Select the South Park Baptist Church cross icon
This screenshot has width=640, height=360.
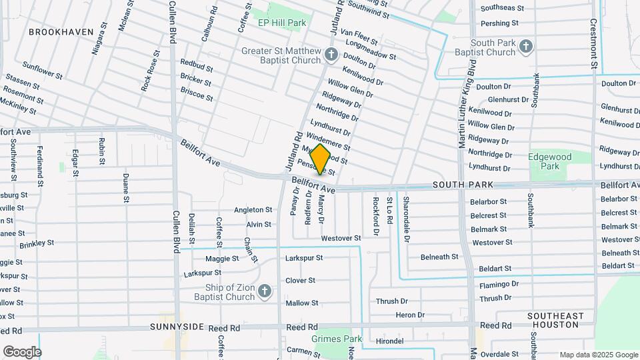[x=526, y=47]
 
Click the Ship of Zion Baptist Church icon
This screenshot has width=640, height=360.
[x=265, y=291]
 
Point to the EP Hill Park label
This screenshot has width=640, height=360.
[x=281, y=23]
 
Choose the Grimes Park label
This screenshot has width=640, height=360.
[x=336, y=339]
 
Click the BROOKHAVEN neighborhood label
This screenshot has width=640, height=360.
[x=59, y=31]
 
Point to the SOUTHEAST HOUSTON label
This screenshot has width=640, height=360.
[x=555, y=320]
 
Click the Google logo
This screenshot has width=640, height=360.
[x=22, y=352]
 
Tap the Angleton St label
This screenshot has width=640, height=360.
[x=252, y=210]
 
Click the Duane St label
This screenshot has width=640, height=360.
[x=126, y=187]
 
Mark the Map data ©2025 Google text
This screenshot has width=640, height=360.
[x=598, y=355]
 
